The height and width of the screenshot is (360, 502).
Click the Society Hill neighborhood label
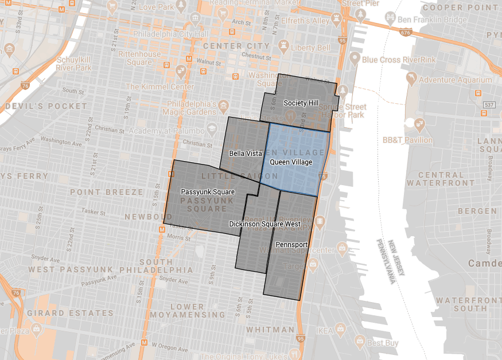(301, 103)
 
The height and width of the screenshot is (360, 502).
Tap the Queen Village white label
(291, 162)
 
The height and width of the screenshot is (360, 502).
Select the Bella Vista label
(246, 154)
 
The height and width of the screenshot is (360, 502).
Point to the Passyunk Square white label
(200, 191)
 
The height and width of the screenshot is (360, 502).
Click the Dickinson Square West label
(264, 224)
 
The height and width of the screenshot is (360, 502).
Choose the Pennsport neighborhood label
(292, 244)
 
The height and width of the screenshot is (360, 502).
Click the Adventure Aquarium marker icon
(411, 77)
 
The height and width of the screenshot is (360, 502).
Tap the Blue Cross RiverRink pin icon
(355, 58)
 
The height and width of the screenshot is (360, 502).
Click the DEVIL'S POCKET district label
(38, 107)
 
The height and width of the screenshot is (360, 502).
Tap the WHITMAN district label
(270, 330)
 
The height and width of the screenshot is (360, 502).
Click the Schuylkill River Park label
(74, 64)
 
